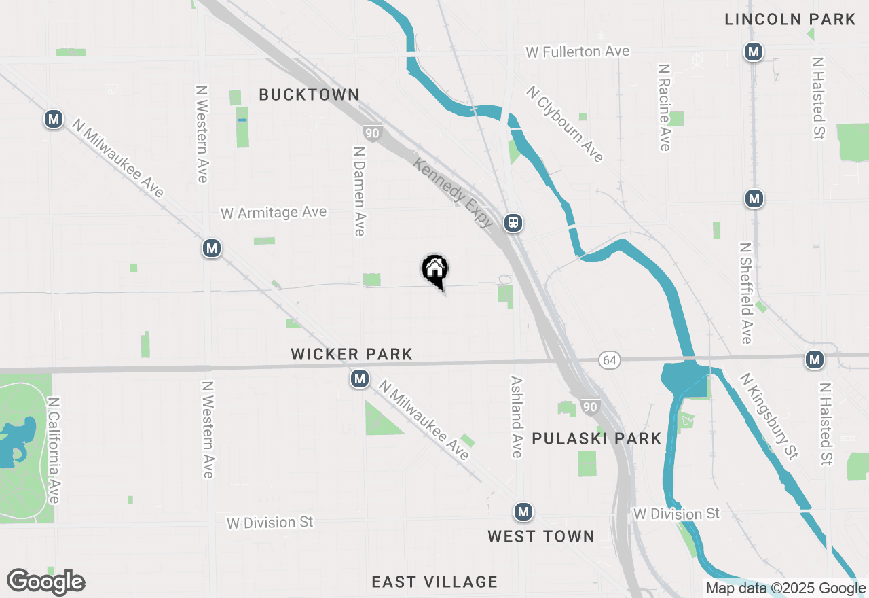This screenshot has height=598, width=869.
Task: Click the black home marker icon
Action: coord(434,270)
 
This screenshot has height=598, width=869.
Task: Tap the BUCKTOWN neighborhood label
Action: coord(309,94)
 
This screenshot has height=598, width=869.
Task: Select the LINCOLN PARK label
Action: coord(790,19)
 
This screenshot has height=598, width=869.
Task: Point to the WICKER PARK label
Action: coord(352,354)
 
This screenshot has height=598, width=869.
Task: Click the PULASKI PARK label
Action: coord(596,438)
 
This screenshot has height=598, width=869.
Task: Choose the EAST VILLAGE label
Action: coord(434,582)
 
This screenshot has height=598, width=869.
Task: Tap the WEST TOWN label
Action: coord(541,536)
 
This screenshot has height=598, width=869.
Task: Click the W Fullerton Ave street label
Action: coord(578,52)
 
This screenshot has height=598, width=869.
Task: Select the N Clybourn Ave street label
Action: coord(565,124)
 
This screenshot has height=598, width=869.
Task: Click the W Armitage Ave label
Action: coord(274,213)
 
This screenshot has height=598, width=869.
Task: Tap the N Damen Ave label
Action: coord(359,189)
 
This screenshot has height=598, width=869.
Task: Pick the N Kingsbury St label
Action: coord(769,416)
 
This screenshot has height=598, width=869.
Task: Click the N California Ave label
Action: coord(54,451)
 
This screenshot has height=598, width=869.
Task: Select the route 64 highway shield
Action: coord(609,359)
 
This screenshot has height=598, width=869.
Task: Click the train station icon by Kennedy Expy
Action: coord(513,222)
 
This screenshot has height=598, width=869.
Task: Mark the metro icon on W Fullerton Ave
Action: coord(752,52)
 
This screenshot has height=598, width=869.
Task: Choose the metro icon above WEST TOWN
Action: coord(522,512)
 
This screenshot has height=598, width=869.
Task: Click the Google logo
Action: coord(45,582)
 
